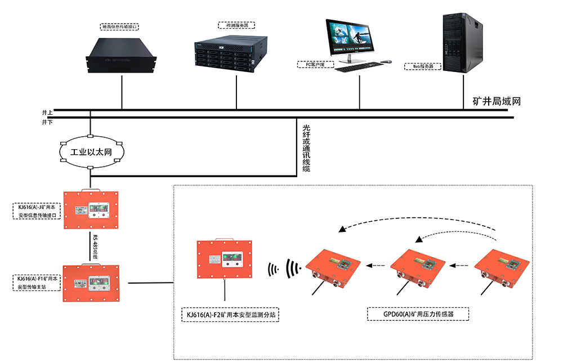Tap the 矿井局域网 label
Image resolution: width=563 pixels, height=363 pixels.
point(496,102)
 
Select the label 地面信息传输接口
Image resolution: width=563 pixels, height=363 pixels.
point(119,26)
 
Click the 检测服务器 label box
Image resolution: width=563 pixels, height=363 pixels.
point(236,25)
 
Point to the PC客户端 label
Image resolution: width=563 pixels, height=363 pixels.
point(315,64)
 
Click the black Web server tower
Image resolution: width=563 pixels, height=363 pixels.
point(463,42)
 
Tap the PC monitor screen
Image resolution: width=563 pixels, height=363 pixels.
point(350,35)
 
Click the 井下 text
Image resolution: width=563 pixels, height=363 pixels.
point(47,122)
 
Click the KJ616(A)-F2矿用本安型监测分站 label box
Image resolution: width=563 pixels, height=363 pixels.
point(230,315)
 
